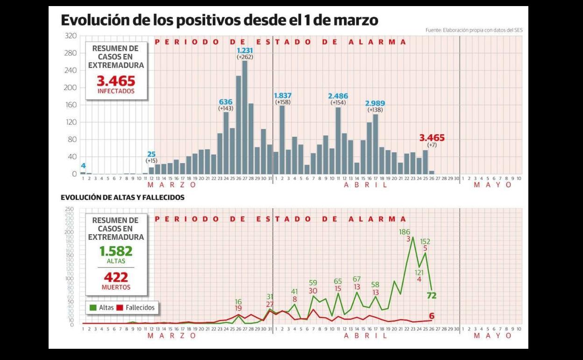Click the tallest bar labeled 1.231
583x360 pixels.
click(245, 117)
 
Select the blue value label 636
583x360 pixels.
click(226, 101)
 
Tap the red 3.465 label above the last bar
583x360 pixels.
click(432, 138)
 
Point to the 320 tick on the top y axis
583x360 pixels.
click(71, 36)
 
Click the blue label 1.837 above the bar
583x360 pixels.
click(283, 95)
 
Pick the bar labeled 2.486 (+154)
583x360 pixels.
click(338, 140)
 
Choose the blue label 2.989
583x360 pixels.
click(376, 103)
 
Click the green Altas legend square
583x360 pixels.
click(93, 308)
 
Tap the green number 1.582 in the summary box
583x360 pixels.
click(116, 251)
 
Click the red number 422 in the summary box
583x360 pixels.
click(116, 277)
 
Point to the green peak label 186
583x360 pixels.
click(405, 232)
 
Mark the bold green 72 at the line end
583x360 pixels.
click(431, 295)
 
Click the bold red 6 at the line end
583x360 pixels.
click(432, 316)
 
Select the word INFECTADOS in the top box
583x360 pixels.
click(116, 91)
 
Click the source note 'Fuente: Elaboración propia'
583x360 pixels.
click(474, 30)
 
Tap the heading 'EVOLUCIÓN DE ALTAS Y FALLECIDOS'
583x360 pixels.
click(122, 198)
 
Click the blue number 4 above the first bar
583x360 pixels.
click(83, 166)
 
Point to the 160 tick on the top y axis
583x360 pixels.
click(71, 105)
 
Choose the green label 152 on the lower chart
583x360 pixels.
click(425, 242)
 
